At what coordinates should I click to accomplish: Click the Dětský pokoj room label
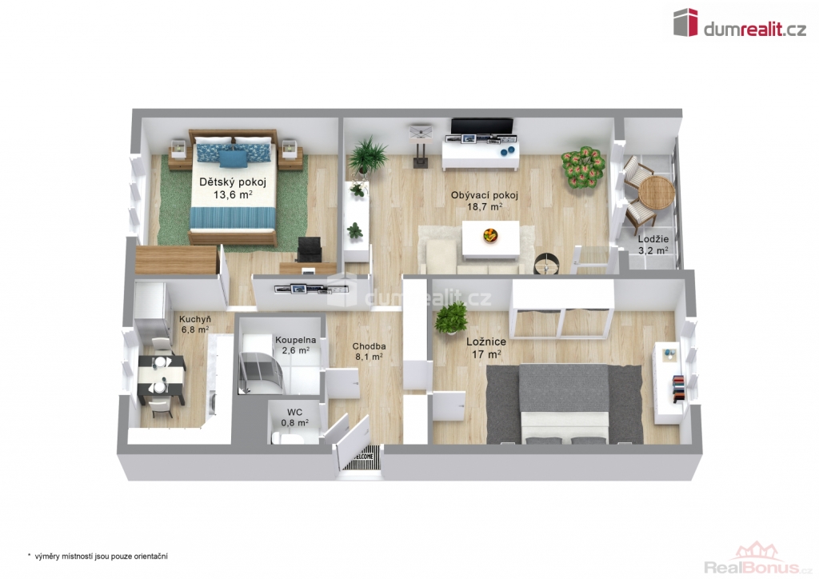tap(233, 189)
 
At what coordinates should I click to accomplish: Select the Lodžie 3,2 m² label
tap(653, 245)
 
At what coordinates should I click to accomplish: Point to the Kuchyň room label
tap(195, 324)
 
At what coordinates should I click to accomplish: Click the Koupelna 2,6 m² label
tap(295, 345)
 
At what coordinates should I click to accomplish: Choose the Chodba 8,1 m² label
tap(369, 351)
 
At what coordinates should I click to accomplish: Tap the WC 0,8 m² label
tap(294, 417)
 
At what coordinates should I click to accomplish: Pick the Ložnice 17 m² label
tap(485, 348)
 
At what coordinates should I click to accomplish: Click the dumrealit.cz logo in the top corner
tap(739, 22)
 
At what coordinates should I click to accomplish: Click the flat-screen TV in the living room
tap(482, 126)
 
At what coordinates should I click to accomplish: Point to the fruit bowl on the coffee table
tap(490, 235)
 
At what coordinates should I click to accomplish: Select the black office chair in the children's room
tap(310, 250)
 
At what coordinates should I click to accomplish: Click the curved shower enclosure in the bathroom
tap(261, 372)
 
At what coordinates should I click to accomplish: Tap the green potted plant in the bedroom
tap(451, 317)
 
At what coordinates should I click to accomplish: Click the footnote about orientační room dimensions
tap(98, 557)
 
